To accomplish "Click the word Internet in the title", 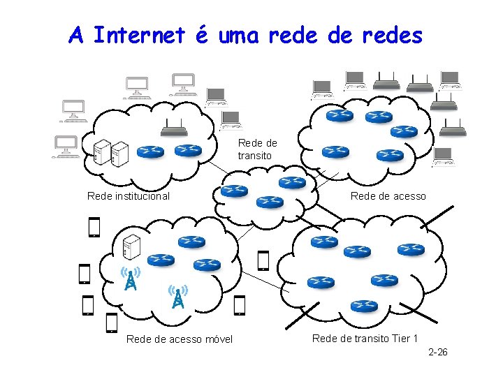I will (139, 34).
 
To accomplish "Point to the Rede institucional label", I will (128, 196).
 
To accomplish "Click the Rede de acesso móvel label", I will (180, 340).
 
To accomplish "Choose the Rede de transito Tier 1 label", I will (365, 339).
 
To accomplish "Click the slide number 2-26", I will (437, 352).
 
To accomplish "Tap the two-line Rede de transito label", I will (256, 149).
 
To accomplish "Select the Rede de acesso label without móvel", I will (388, 196).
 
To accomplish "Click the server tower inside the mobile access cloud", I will (131, 246).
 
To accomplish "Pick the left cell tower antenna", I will (130, 277).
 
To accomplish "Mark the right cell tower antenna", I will (178, 296).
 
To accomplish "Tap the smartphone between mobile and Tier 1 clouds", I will (263, 260).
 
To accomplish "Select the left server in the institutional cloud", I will (103, 153).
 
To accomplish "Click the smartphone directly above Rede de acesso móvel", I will (111, 323).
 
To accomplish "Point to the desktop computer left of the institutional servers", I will (68, 147).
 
